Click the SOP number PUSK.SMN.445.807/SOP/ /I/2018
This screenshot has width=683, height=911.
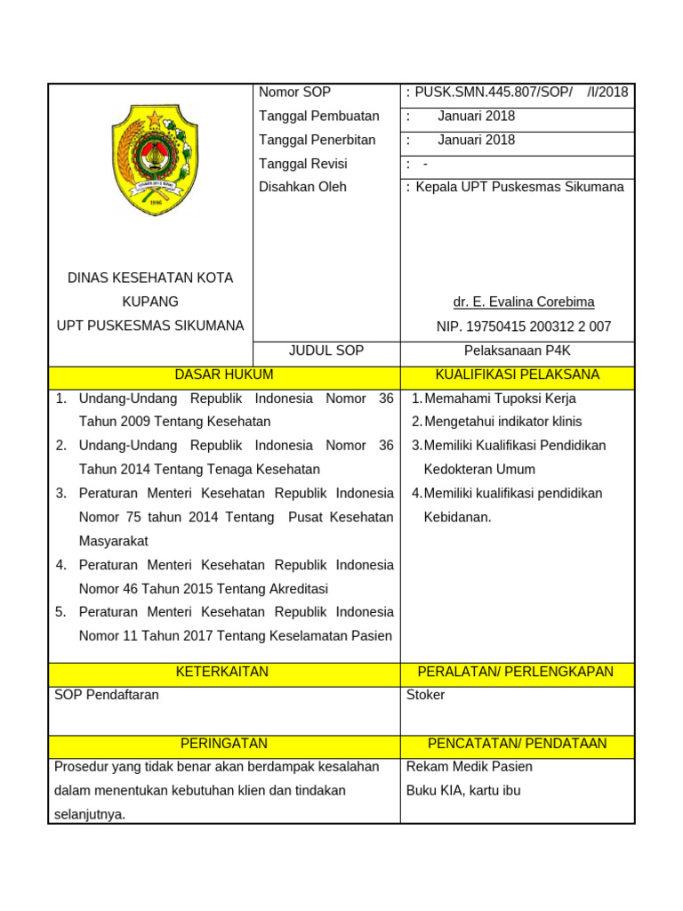(x=521, y=93)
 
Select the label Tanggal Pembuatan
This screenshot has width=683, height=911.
(x=318, y=117)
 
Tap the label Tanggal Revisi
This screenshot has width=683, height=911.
(x=302, y=164)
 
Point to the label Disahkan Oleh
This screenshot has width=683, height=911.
(x=302, y=188)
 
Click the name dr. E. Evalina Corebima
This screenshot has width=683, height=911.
(x=524, y=302)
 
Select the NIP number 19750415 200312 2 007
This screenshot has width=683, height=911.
(x=524, y=327)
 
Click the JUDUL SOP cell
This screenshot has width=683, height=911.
(x=326, y=351)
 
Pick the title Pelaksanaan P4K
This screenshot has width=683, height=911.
(x=518, y=351)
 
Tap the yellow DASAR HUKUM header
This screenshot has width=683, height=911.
(x=224, y=375)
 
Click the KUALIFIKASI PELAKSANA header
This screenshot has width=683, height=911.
(x=518, y=375)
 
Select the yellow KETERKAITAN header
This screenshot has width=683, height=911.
(x=224, y=673)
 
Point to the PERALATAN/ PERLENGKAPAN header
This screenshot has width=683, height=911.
(x=518, y=673)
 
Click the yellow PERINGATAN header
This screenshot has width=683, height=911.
(x=224, y=744)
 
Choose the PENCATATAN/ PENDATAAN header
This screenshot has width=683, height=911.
(x=518, y=744)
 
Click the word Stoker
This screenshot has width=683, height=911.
(x=425, y=695)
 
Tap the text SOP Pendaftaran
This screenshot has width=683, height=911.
(x=107, y=695)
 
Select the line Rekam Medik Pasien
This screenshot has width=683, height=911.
(x=469, y=767)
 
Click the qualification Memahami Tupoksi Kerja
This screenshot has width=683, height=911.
(x=500, y=399)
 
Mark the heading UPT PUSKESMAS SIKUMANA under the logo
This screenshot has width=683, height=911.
(x=150, y=327)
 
